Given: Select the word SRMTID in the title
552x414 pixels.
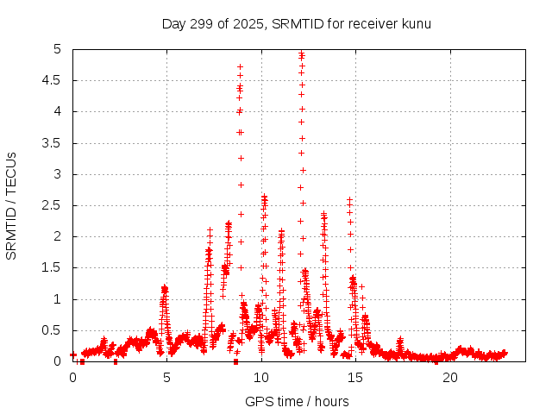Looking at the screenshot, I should [294, 23].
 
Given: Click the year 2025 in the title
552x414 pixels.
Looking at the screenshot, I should [247, 23].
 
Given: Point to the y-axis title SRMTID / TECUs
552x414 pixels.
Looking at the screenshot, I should [12, 205].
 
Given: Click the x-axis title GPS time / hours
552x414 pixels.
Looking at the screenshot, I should [297, 401].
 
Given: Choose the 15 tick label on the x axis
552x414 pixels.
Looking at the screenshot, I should [355, 378].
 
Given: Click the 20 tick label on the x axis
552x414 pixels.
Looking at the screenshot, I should [449, 378].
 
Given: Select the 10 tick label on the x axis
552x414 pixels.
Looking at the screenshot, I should [261, 378].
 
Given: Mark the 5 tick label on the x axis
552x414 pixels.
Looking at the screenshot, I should [166, 378].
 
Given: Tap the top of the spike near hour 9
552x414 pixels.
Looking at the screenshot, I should [240, 66].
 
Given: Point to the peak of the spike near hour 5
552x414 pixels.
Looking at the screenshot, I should [164, 286].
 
